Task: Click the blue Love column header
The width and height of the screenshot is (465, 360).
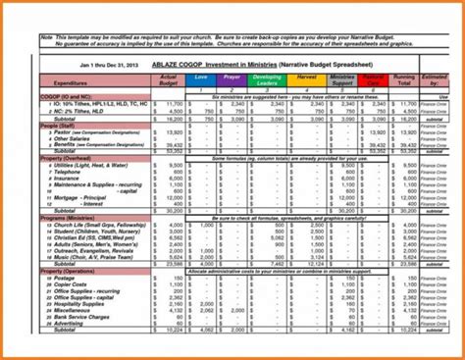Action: pos(201,77)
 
